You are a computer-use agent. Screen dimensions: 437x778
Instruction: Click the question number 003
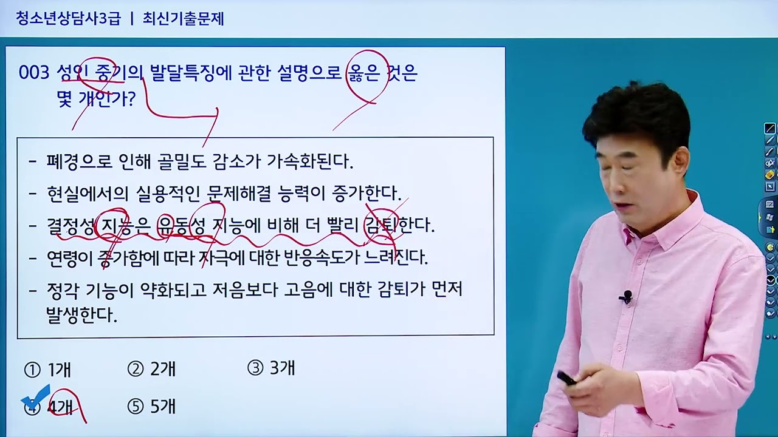point(33,73)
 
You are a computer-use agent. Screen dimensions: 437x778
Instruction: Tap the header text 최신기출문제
point(183,19)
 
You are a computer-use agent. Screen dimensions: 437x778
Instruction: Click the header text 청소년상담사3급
point(68,19)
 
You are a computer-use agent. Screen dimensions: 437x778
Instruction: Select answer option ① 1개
point(48,369)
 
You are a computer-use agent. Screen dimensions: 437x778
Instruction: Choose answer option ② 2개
point(151,368)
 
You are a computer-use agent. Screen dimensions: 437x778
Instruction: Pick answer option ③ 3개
point(271,368)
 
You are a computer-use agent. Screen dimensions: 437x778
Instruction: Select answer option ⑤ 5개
point(151,406)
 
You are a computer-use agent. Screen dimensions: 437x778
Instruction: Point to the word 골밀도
point(182,161)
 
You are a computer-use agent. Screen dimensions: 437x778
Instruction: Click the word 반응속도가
point(320,257)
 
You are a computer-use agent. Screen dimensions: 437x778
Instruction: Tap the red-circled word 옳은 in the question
point(363,73)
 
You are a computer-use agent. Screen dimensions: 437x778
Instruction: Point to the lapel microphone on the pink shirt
point(627,297)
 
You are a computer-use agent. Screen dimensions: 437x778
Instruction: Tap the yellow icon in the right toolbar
point(769,175)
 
